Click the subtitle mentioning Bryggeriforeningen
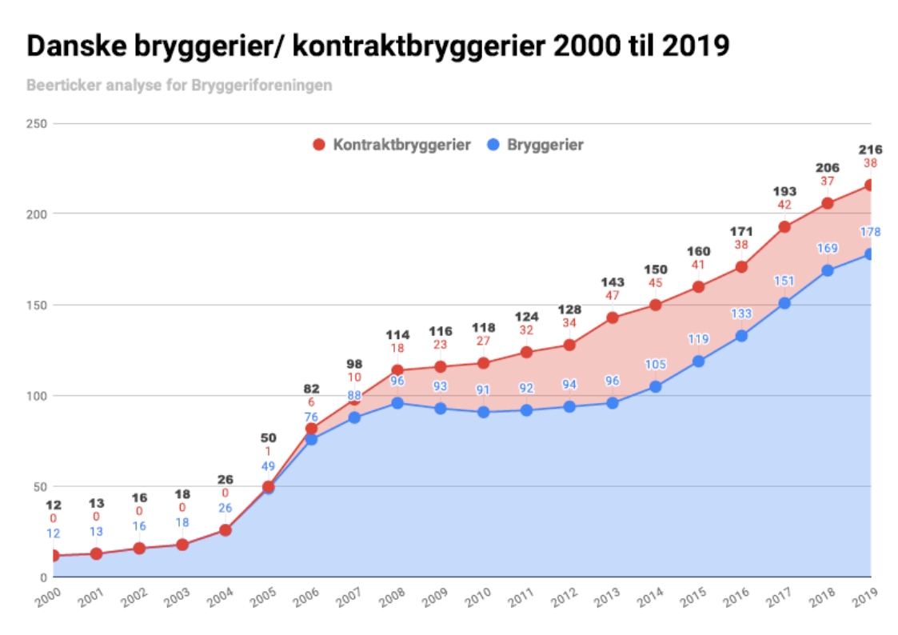point(179,85)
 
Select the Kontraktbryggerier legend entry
point(392,145)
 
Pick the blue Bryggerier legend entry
point(536,145)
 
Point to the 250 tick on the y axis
point(37,124)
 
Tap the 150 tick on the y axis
point(37,305)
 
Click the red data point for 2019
point(870,186)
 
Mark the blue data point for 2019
point(870,254)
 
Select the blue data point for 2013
point(613,403)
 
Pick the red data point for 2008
point(397,370)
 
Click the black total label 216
point(870,150)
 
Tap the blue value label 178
point(870,233)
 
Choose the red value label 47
point(613,296)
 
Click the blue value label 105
point(656,365)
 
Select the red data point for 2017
point(784,226)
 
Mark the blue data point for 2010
point(484,412)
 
